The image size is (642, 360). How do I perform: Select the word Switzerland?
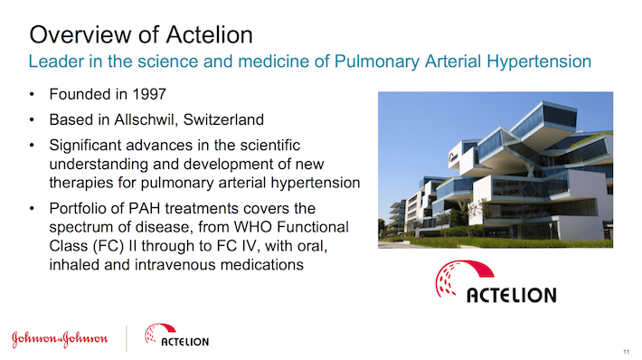coord(223,119)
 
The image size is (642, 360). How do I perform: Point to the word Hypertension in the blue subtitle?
coord(539,62)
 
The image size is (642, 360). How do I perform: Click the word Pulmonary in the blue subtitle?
coord(377,62)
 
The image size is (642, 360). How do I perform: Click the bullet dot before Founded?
coord(32,95)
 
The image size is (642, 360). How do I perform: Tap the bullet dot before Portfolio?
coord(32,208)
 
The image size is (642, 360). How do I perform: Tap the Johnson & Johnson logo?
coord(60,338)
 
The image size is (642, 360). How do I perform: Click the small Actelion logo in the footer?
coord(176,335)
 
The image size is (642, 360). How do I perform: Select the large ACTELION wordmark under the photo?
coord(512,295)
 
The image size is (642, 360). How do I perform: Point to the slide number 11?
coord(626,352)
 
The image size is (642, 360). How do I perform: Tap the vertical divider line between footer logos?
coord(126,338)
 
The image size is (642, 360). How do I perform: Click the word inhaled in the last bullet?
coord(74,265)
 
